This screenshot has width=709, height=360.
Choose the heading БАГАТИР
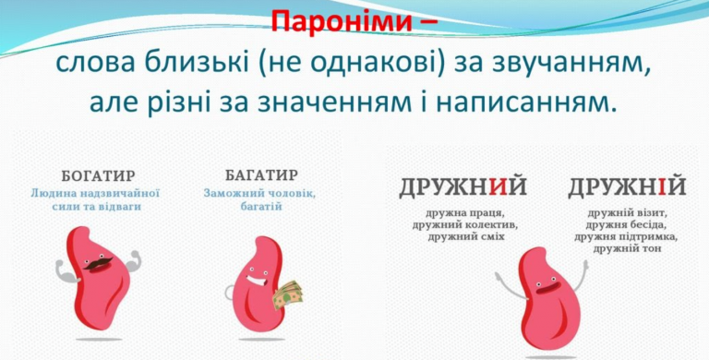[260, 175]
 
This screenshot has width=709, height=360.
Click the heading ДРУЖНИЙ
[463, 187]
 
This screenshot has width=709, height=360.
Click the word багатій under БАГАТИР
[261, 207]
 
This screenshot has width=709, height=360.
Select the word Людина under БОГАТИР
[55, 194]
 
